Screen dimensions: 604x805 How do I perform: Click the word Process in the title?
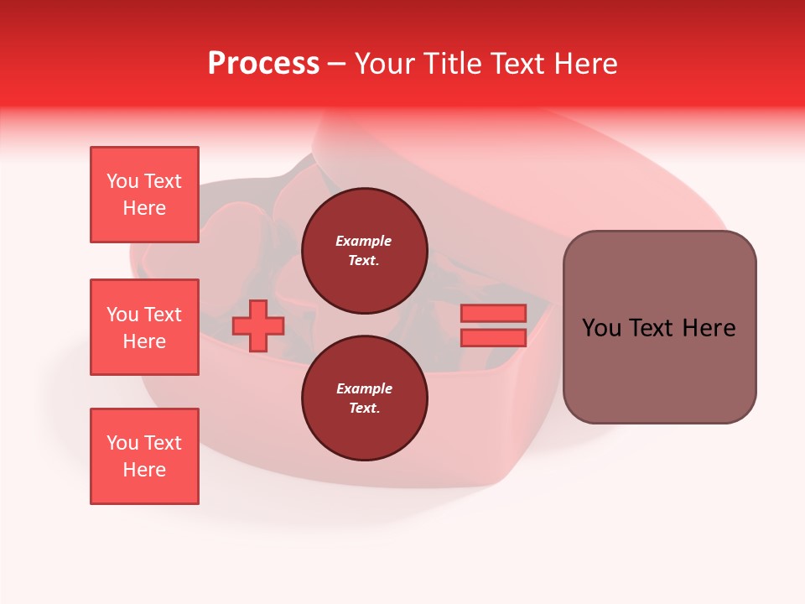[263, 64]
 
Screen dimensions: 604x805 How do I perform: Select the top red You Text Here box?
[144, 195]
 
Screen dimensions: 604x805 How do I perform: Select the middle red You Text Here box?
[144, 327]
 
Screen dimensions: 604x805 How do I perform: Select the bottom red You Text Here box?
[144, 456]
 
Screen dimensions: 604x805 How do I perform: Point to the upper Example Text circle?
[364, 251]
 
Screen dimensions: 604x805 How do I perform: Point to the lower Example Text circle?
[364, 398]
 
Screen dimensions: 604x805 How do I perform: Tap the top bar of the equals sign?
[493, 313]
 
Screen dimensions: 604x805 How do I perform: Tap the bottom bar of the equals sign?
[493, 338]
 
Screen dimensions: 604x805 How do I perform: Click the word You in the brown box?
[600, 328]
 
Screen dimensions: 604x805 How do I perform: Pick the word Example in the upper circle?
[364, 241]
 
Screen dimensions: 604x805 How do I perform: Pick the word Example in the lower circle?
[364, 388]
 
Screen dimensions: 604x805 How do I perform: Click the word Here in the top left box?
[144, 208]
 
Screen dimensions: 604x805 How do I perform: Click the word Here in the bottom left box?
[144, 470]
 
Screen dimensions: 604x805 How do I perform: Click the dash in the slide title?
[337, 65]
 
